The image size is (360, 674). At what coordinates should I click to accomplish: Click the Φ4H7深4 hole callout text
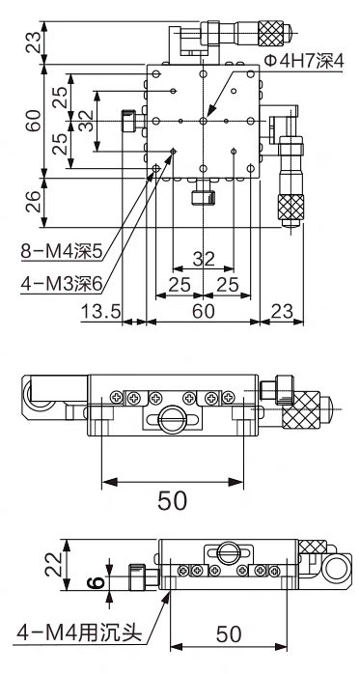coord(303,62)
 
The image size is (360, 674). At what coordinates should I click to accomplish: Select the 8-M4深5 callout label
coord(63,252)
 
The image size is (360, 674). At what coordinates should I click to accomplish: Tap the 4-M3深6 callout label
coord(63,284)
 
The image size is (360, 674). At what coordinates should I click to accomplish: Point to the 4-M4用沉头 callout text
coord(79,633)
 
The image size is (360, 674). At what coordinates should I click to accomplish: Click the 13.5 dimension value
coord(101,311)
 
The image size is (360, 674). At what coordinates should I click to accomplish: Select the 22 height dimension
coord(52,564)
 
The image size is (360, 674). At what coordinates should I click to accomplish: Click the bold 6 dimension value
coord(97,583)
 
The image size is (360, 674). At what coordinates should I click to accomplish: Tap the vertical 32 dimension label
coord(86,121)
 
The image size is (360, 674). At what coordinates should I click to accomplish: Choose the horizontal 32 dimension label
coord(204,259)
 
